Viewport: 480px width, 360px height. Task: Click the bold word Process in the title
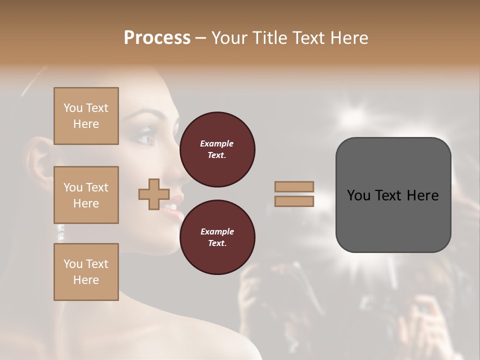[157, 37]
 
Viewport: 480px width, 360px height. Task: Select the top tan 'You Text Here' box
[86, 116]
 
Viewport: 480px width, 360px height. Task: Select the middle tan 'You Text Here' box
[86, 195]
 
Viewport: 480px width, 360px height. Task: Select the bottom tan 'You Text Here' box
[86, 272]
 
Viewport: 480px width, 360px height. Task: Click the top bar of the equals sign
[294, 186]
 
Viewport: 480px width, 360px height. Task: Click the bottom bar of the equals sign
[294, 201]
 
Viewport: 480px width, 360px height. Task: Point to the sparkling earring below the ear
[61, 231]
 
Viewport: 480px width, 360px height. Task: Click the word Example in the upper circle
[216, 143]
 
